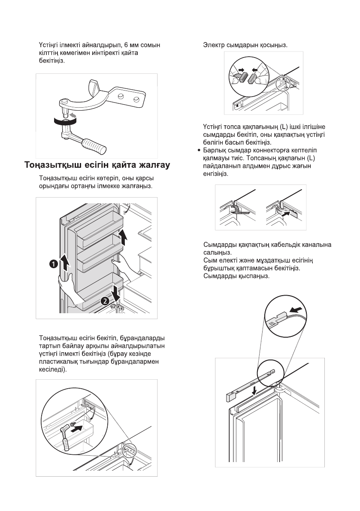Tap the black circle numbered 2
[104, 301]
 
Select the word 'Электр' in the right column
[212, 45]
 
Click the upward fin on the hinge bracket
[94, 85]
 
